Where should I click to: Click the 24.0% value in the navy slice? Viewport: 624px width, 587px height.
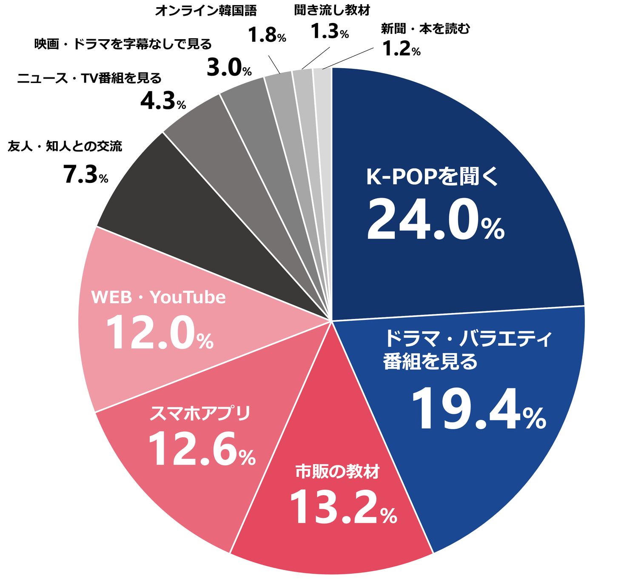[x=435, y=222]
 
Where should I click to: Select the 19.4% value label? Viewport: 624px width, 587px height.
[x=478, y=410]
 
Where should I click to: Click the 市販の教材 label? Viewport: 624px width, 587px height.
[x=337, y=472]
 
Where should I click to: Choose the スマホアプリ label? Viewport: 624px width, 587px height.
[x=200, y=413]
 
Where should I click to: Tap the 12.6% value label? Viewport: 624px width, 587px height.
[x=202, y=450]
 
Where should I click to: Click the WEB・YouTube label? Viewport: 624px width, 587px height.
[x=158, y=297]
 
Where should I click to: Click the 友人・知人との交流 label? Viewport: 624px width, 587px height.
[x=65, y=147]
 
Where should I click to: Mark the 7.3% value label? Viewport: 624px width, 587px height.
[x=85, y=174]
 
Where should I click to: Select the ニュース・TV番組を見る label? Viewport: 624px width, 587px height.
[x=89, y=79]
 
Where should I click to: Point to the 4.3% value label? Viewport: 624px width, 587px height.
[x=163, y=101]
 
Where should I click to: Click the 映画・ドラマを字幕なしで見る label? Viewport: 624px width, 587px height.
[x=123, y=44]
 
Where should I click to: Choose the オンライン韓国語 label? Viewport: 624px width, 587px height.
[x=206, y=11]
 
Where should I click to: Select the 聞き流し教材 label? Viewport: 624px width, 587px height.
[x=332, y=11]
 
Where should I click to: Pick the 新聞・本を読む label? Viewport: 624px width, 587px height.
[x=425, y=29]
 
